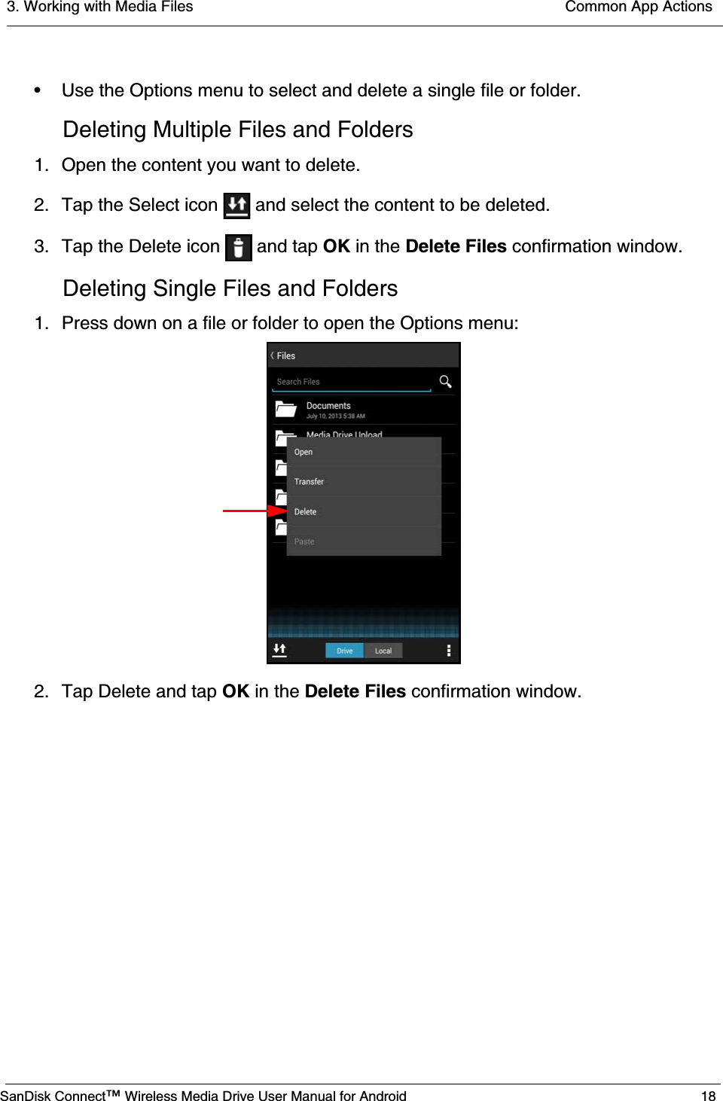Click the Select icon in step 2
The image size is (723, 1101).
pyautogui.click(x=236, y=206)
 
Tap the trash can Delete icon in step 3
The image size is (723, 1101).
pyautogui.click(x=238, y=247)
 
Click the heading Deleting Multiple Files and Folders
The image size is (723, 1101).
pyautogui.click(x=237, y=130)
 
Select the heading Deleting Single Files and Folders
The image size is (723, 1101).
pyautogui.click(x=230, y=288)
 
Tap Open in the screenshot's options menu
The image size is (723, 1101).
pyautogui.click(x=304, y=452)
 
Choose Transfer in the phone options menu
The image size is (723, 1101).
pyautogui.click(x=309, y=482)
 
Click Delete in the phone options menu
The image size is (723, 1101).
pyautogui.click(x=305, y=512)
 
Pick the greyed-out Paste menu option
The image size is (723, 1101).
pyautogui.click(x=304, y=541)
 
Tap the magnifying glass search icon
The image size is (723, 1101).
pyautogui.click(x=445, y=382)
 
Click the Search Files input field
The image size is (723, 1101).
pyautogui.click(x=351, y=382)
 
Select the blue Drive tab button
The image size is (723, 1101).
pyautogui.click(x=344, y=651)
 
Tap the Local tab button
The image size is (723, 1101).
pyautogui.click(x=383, y=651)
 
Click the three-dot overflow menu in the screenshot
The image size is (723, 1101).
pyautogui.click(x=449, y=651)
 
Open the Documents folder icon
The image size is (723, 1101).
pyautogui.click(x=285, y=410)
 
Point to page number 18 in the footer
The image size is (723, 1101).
pyautogui.click(x=708, y=1096)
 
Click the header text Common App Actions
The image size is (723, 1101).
pyautogui.click(x=638, y=7)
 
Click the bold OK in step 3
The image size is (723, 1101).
pyautogui.click(x=337, y=246)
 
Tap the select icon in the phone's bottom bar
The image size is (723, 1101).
pyautogui.click(x=279, y=650)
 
